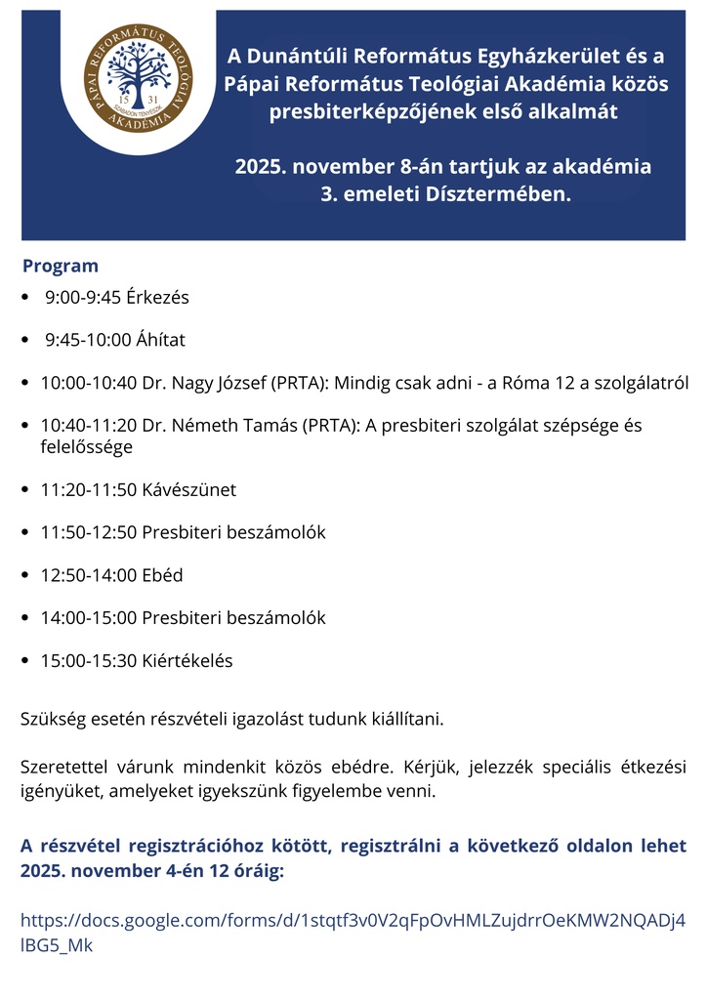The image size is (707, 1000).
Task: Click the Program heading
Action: [61, 266]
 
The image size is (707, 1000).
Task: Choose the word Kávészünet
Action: [188, 489]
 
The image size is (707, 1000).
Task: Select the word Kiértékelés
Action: [187, 661]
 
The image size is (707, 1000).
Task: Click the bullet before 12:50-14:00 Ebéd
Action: [25, 576]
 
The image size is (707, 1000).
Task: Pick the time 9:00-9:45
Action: [82, 297]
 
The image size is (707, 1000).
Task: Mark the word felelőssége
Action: [86, 446]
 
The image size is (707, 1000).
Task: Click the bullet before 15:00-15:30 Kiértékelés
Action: [25, 662]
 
